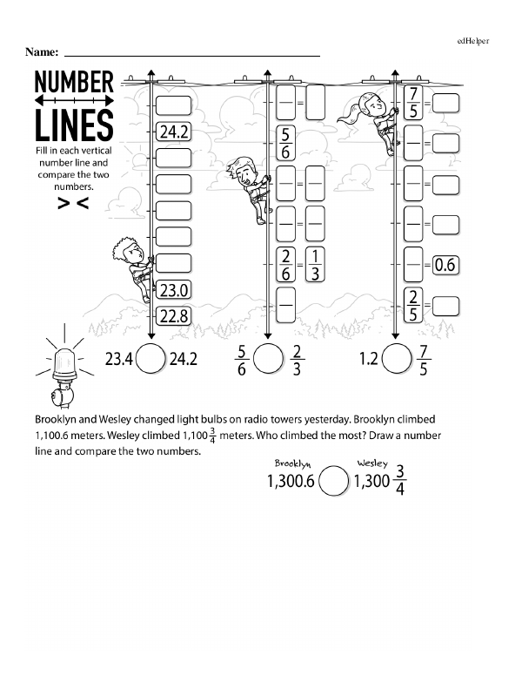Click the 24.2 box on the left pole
click(x=174, y=132)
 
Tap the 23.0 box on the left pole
click(x=174, y=291)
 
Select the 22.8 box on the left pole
click(x=174, y=316)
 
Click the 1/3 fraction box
click(x=315, y=264)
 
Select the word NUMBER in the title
click(x=74, y=83)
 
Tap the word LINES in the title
click(x=74, y=125)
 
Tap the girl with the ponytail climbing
click(x=371, y=113)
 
